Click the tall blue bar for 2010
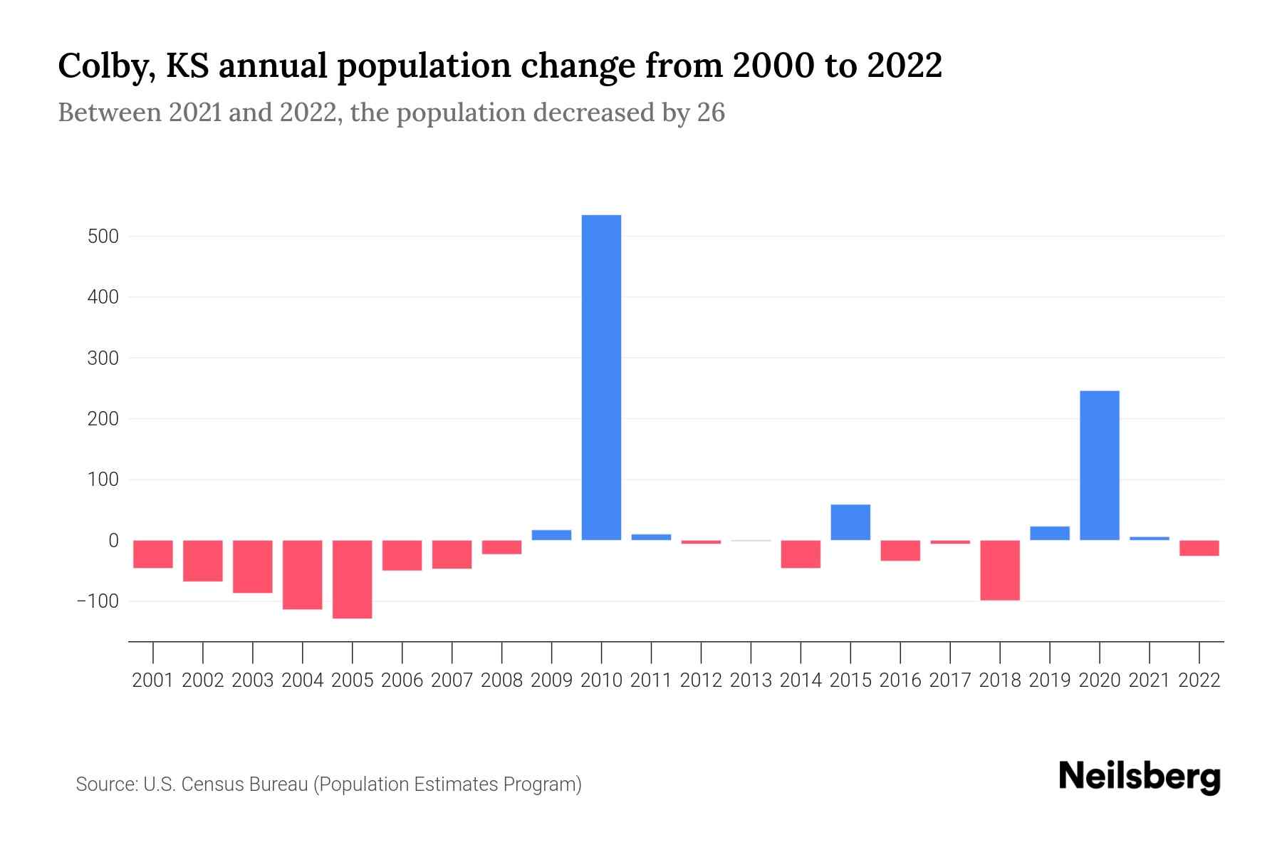tap(601, 378)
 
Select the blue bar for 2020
tap(1099, 465)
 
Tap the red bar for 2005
tap(353, 579)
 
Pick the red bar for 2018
tap(1000, 570)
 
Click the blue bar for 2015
tap(850, 522)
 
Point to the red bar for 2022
tap(1199, 548)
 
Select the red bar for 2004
tap(303, 574)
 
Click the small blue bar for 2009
tap(551, 535)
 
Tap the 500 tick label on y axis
tap(103, 237)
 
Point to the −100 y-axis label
tap(97, 601)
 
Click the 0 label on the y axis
tap(113, 541)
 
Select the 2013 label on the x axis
tap(751, 680)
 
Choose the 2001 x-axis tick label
tap(153, 680)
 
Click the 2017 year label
tap(950, 680)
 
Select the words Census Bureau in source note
tap(246, 784)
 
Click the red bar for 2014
tap(801, 554)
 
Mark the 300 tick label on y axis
tap(103, 358)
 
